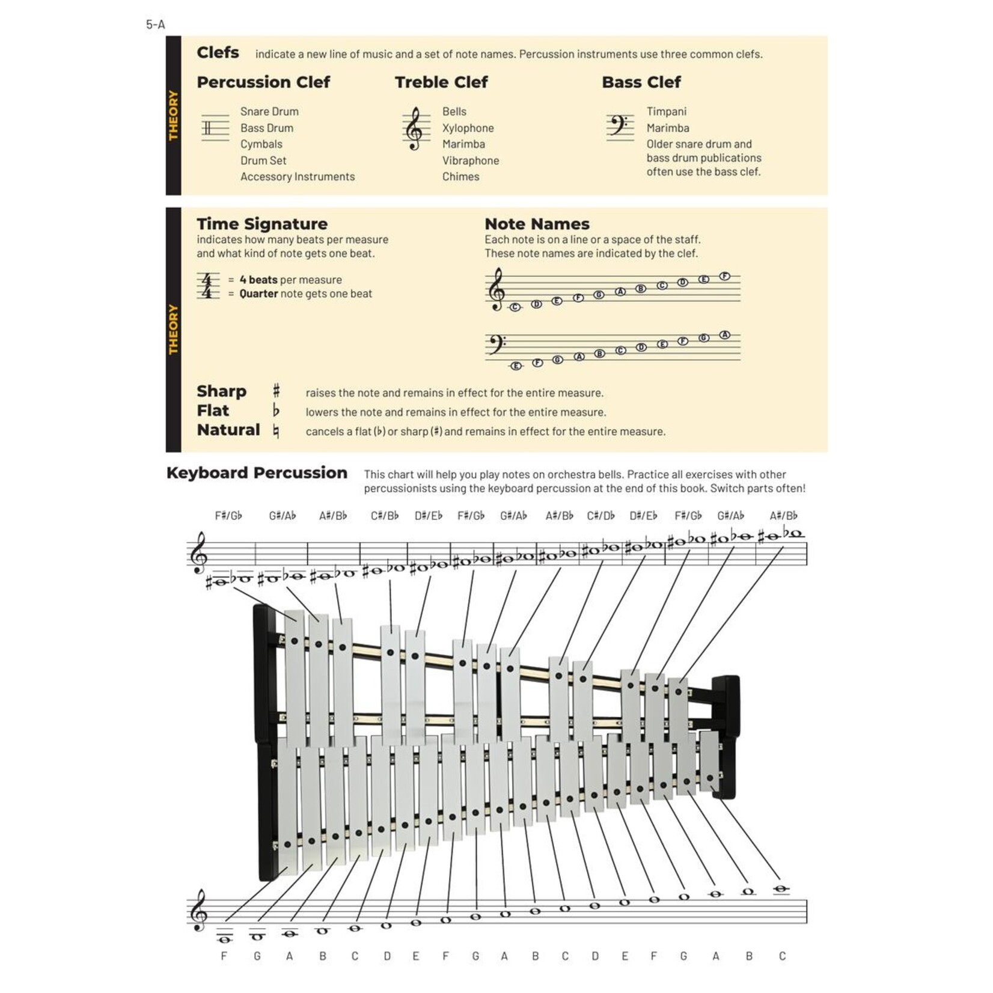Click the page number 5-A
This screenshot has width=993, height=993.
[x=155, y=25]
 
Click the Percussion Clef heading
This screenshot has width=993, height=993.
[x=263, y=82]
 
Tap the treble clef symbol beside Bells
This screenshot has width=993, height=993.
[x=415, y=129]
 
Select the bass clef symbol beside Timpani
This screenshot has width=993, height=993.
[x=619, y=126]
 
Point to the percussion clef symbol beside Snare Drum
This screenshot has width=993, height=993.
[x=215, y=128]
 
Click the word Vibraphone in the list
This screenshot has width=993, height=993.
[x=470, y=160]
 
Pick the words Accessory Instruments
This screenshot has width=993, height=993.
[x=298, y=177]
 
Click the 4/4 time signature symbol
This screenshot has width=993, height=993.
[x=207, y=286]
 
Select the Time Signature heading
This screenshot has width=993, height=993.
[x=262, y=224]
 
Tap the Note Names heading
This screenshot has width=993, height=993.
[x=537, y=224]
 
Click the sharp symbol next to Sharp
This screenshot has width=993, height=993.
[x=276, y=391]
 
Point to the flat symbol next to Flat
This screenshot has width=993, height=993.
[x=276, y=411]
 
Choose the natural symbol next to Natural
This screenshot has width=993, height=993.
[x=276, y=431]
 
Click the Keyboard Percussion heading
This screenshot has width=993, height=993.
[x=257, y=472]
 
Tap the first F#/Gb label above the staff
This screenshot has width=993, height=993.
[x=228, y=516]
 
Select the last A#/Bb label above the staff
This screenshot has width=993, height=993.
[x=783, y=516]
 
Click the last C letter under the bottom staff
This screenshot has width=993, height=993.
[x=782, y=956]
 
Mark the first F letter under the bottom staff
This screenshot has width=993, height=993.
[x=224, y=956]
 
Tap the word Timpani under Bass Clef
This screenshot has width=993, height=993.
[x=666, y=112]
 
